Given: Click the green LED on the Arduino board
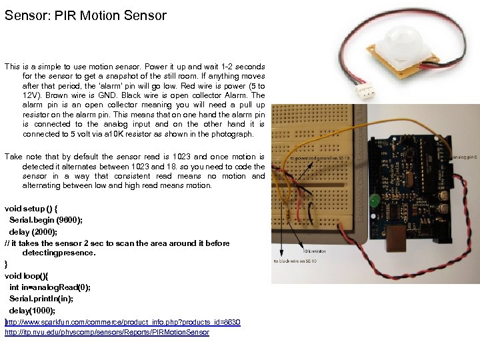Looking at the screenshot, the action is [x=375, y=199].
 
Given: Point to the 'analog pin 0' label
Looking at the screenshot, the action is [x=464, y=158].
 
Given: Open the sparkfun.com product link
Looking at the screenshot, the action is [x=123, y=323].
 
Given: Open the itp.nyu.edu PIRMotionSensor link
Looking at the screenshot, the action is [x=107, y=332].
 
